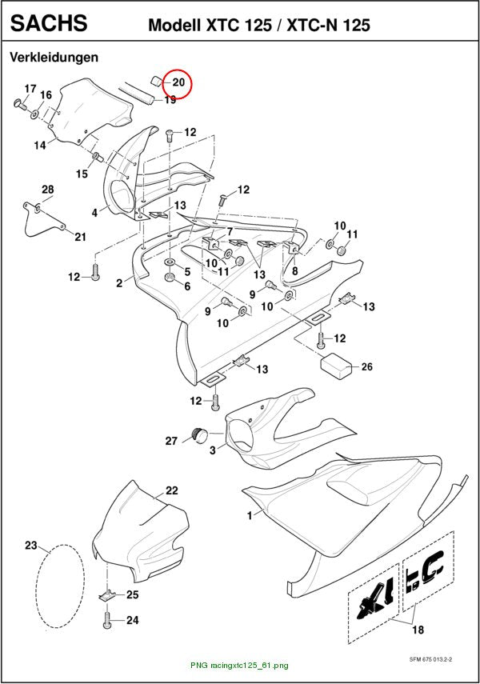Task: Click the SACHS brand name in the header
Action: coord(49,23)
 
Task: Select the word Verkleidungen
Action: coord(54,57)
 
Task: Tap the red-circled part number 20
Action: coord(178,82)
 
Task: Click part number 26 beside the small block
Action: coord(367,366)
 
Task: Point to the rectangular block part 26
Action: coord(338,366)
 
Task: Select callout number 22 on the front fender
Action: coord(172,490)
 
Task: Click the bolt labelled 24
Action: coord(107,620)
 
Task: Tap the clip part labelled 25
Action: coord(106,595)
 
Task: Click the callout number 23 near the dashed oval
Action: coord(31,546)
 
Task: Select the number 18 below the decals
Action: coord(418,630)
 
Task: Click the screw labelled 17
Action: coord(20,104)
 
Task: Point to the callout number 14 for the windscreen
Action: coord(40,146)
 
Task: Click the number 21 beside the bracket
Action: coord(80,237)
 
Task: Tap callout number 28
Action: coord(47,190)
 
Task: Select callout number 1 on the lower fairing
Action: coord(250,516)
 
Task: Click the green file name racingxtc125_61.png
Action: coord(239,666)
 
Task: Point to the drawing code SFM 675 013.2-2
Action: coord(430,659)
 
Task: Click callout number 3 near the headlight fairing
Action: coord(213,450)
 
